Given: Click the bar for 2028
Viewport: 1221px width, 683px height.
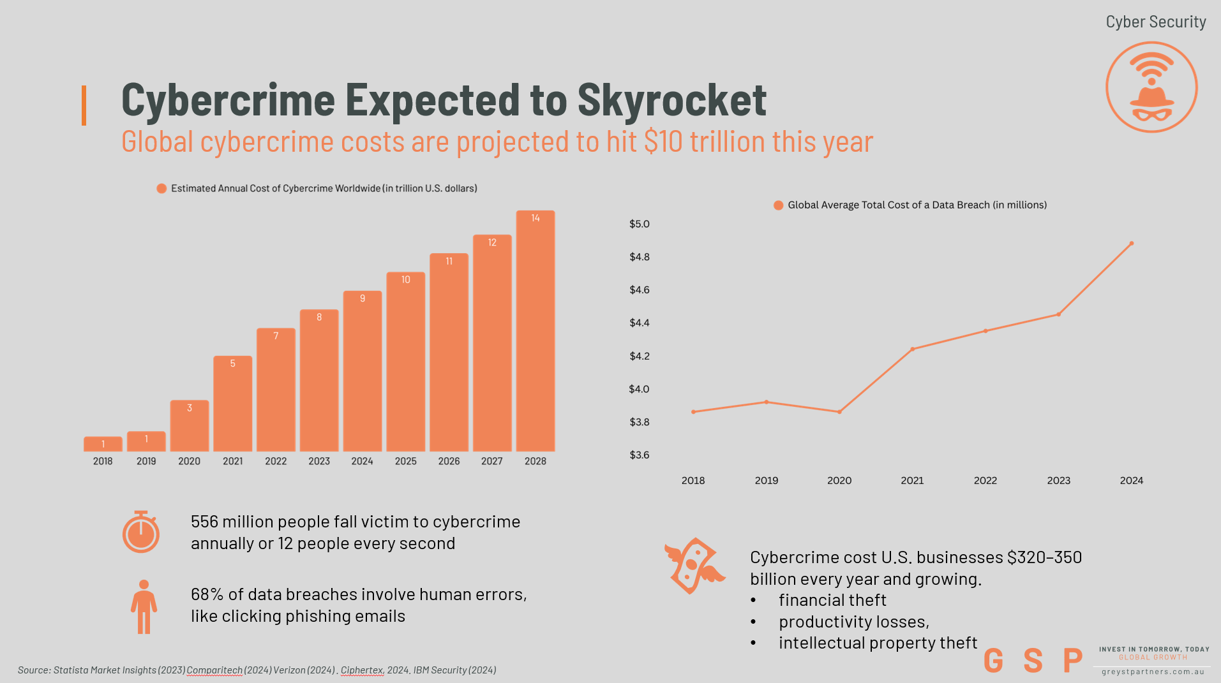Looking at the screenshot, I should coord(535,332).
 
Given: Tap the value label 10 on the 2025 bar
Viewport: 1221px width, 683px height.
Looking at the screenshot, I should coord(406,280).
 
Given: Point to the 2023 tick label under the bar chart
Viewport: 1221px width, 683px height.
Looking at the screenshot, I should coord(319,461).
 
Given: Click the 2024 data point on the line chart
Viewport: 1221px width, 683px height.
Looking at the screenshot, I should coord(1131,244).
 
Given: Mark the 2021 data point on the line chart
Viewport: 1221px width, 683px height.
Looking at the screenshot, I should coord(912,349).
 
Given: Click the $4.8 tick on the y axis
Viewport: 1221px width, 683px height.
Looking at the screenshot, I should coord(639,257).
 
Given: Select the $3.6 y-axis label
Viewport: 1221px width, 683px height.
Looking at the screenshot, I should coord(639,455).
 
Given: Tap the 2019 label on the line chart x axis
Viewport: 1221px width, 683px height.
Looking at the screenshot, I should coord(766,480).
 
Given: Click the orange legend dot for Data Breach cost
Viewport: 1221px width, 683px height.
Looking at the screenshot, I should coord(778,205).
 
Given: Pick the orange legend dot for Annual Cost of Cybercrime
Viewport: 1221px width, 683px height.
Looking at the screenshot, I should coord(161,188).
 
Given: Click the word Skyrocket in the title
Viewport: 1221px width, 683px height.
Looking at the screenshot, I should coord(671,100).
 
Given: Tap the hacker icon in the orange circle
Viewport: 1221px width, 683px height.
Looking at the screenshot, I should coord(1151,87).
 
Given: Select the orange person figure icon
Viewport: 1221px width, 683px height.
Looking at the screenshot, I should coord(144,606).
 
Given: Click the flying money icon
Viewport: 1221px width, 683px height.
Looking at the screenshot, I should coord(694,566).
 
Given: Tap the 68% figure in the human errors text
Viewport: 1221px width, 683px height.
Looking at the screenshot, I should coord(207,594).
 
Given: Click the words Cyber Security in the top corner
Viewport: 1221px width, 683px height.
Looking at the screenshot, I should coord(1155,22).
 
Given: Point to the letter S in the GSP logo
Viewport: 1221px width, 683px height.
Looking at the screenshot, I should coord(1033,661).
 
